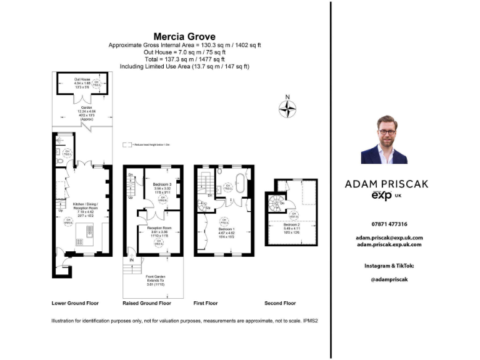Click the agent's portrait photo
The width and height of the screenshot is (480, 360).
(x=384, y=142)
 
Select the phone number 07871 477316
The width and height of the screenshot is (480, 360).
(x=389, y=224)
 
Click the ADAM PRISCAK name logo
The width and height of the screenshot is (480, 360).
(x=386, y=184)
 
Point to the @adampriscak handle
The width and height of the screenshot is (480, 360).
(x=389, y=279)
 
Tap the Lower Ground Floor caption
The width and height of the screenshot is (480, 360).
(x=75, y=303)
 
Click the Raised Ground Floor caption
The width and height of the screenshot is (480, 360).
(x=147, y=303)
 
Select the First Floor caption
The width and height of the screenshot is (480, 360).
(x=206, y=303)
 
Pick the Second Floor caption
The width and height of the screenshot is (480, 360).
(x=281, y=303)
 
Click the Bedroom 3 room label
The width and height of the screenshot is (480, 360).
(x=162, y=184)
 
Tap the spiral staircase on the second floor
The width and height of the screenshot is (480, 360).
(x=276, y=201)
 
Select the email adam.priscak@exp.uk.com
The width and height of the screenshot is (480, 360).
(x=389, y=237)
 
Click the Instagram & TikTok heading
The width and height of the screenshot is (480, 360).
(x=389, y=266)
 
